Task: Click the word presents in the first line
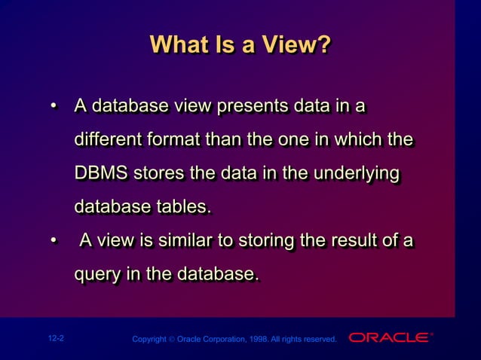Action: click(252, 107)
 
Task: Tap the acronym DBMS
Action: click(102, 173)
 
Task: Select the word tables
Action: click(185, 206)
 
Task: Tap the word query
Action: click(97, 275)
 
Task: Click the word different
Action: click(106, 140)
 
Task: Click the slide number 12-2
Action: click(54, 339)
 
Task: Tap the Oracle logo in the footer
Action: click(389, 337)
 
